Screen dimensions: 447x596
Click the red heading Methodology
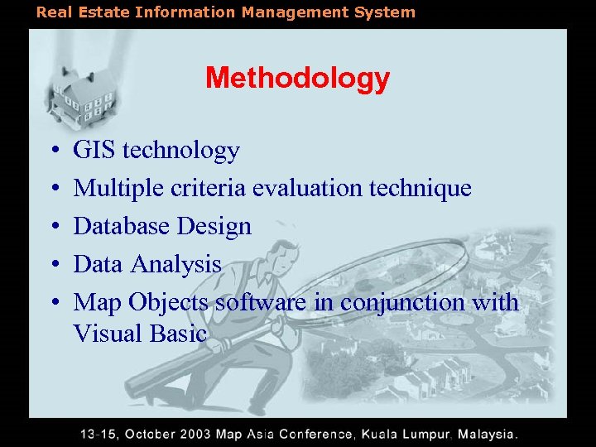coord(297,79)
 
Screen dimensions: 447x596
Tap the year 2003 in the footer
coord(192,434)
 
